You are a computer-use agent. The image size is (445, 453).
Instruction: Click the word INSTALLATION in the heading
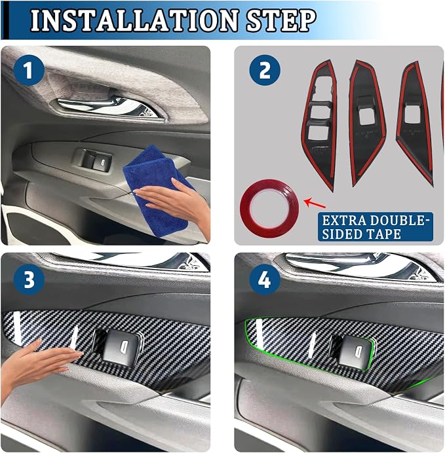(135, 20)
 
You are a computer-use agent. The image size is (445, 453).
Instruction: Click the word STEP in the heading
(281, 20)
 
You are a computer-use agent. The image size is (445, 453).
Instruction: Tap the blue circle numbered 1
(29, 70)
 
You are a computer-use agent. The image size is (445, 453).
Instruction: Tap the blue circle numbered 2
(265, 70)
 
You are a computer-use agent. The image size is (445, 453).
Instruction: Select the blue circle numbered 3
(29, 280)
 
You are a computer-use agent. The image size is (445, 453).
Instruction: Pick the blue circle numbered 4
(265, 280)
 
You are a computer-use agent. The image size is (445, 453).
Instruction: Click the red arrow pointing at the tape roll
(315, 202)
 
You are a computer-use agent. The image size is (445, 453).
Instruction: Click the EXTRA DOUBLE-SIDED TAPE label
(376, 226)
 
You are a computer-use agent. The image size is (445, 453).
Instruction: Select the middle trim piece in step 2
(366, 123)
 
